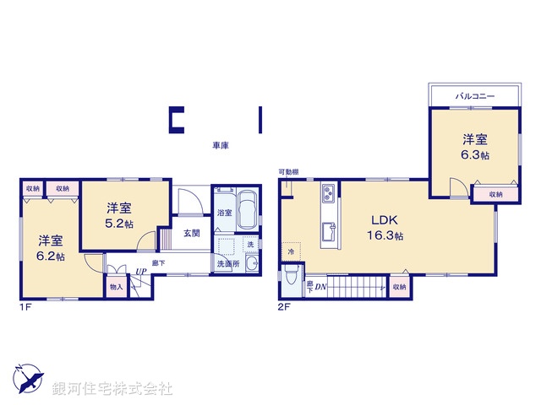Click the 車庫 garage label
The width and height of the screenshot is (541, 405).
(221, 145)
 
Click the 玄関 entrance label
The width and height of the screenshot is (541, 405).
(192, 233)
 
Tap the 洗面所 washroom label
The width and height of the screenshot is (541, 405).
(227, 264)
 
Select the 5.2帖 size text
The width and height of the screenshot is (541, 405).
(119, 223)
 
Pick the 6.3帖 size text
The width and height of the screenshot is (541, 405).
(475, 155)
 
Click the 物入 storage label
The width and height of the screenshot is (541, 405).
(116, 287)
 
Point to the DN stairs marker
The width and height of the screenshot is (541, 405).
(321, 288)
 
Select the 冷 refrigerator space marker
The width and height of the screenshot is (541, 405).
(290, 251)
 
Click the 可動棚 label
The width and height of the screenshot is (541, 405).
(289, 173)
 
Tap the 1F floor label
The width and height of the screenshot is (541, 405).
(25, 307)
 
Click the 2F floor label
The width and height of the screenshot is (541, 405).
(284, 307)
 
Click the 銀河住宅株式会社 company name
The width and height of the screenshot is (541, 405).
(112, 389)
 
